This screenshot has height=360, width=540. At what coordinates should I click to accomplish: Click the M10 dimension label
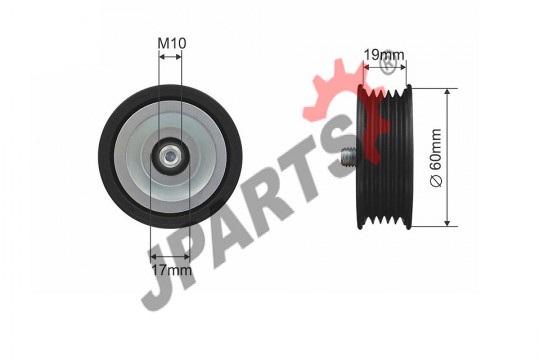point(172,43)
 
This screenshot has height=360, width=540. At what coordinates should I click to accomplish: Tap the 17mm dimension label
point(172,270)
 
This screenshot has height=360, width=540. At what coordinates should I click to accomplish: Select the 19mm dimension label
point(384,54)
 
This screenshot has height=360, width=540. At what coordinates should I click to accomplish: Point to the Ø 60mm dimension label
point(436,158)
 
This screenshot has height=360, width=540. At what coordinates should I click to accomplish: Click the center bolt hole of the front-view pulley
point(169,157)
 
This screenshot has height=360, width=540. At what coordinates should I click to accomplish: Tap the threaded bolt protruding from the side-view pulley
point(349,156)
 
